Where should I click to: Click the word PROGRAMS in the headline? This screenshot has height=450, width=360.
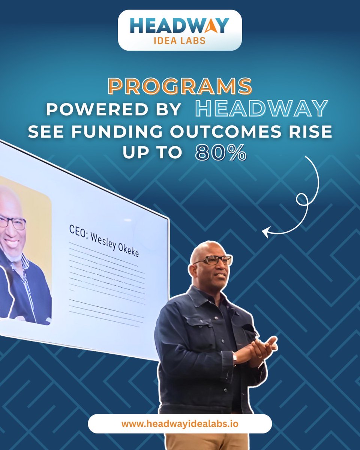[x=180, y=86]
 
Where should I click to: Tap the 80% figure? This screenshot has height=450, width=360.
[x=220, y=153]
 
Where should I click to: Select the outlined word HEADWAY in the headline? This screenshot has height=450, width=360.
[x=262, y=109]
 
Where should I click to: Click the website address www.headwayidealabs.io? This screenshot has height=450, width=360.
[x=180, y=424]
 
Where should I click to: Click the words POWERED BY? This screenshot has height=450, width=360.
[x=112, y=109]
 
